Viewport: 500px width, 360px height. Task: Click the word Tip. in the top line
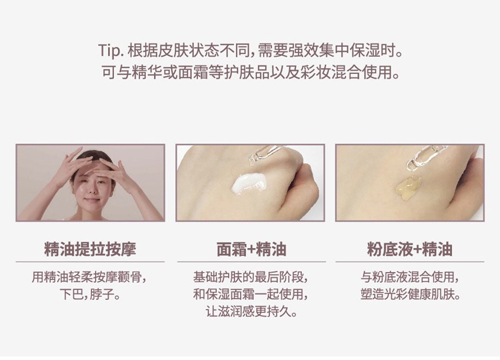(x=111, y=51)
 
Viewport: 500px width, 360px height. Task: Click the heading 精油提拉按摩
(x=90, y=249)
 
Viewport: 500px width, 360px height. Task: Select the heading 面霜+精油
(x=251, y=249)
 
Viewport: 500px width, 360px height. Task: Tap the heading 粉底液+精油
(x=410, y=249)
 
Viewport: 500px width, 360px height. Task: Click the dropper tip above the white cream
(x=251, y=161)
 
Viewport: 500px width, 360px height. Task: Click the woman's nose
(x=91, y=190)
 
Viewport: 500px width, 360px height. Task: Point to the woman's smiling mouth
(x=92, y=199)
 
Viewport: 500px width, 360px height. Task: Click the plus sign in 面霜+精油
(x=251, y=249)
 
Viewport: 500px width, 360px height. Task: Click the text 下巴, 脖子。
(x=90, y=294)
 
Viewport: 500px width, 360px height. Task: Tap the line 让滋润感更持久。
(x=251, y=311)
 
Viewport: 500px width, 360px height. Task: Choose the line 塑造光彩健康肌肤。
(x=411, y=294)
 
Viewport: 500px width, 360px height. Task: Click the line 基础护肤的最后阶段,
(x=251, y=277)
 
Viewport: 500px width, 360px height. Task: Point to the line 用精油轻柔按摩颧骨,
(x=89, y=277)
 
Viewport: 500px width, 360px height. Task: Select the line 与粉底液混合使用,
(x=411, y=277)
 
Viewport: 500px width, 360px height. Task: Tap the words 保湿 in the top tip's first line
(x=365, y=51)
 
